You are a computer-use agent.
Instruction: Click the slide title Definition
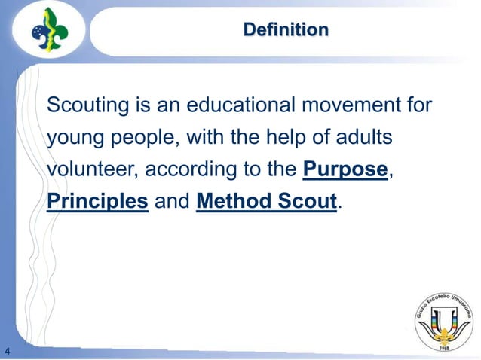[x=286, y=30]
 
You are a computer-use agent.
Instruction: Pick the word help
[x=290, y=138]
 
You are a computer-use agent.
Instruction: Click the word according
[x=189, y=172]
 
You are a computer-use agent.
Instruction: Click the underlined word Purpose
[x=345, y=170]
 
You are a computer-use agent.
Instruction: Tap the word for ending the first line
[x=418, y=105]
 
